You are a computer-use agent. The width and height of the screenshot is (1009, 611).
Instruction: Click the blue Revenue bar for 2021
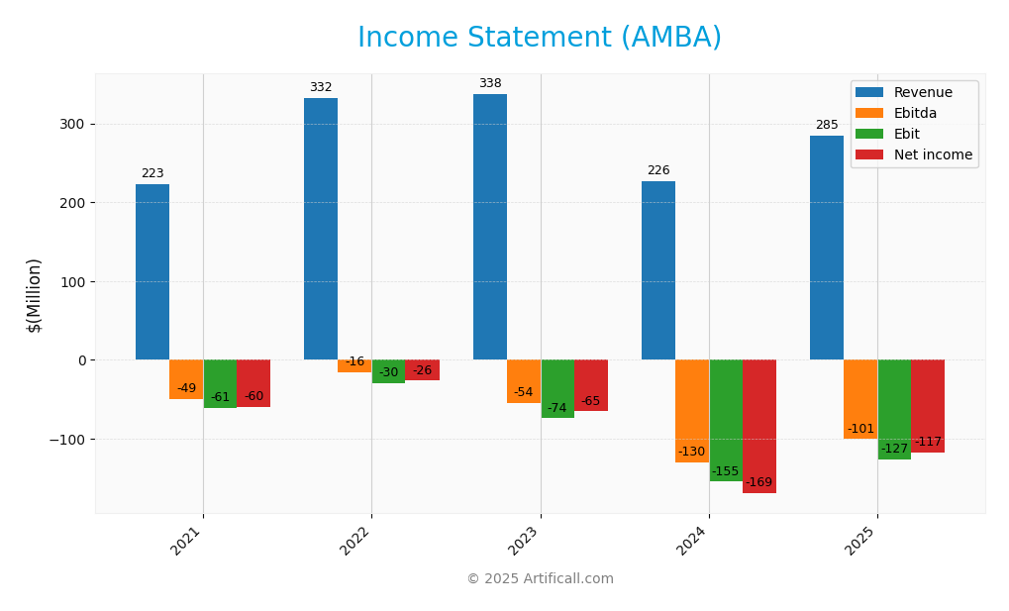pos(152,271)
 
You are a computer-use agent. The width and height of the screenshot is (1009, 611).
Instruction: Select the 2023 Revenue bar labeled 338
pos(489,227)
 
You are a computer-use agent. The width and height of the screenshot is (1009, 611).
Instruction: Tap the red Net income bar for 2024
pos(759,426)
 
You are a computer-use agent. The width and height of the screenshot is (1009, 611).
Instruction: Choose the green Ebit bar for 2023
pos(557,388)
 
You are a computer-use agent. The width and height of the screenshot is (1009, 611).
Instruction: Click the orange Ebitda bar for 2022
pos(354,365)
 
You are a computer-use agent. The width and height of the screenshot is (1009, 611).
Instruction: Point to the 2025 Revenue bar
pos(827,248)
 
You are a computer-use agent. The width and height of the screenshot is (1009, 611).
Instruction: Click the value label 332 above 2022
pos(321,87)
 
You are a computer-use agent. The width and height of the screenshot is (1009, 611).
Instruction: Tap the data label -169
pos(759,482)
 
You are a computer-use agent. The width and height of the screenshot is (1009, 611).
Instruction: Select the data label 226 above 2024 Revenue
pos(658,170)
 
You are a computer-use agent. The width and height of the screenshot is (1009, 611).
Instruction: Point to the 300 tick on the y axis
pos(72,124)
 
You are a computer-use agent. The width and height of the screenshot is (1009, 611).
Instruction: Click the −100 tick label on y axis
pos(68,439)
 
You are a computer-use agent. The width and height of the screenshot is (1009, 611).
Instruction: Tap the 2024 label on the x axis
pos(693,541)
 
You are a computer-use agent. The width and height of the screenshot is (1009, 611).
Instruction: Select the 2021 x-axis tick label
pos(187,541)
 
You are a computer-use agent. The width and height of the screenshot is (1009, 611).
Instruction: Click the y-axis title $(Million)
pos(35,295)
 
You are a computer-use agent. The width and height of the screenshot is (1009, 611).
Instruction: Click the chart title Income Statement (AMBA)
pos(540,38)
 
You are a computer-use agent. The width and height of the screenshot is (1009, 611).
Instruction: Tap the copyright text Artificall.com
pos(540,578)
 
